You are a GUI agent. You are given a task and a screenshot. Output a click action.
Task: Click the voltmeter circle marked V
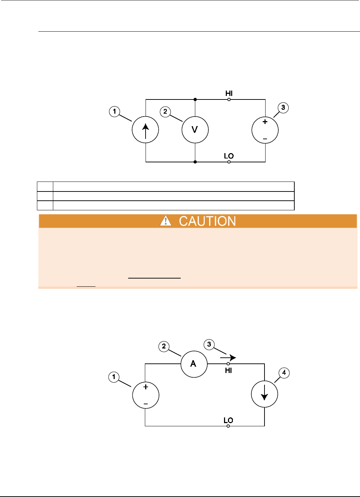point(195,130)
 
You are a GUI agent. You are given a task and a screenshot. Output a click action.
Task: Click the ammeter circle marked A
point(194,364)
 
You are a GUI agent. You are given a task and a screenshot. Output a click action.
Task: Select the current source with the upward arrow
point(146,130)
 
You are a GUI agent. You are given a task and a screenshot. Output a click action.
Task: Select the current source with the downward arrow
point(264,394)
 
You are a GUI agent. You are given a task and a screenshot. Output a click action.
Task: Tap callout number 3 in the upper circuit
point(283,108)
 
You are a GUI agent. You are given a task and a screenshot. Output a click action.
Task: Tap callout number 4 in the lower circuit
point(284,373)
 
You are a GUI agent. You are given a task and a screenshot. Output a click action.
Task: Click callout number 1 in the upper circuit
point(114,112)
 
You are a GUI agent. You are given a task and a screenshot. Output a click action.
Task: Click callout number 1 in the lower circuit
point(114,377)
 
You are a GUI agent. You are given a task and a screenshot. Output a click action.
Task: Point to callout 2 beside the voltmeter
point(165,112)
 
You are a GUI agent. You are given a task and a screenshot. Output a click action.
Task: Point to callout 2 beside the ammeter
point(164,346)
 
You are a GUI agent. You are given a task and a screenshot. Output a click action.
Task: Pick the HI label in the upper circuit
point(229,93)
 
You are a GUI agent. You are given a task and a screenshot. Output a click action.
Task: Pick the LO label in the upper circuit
point(229,156)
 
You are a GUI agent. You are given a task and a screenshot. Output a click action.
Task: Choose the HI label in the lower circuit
point(228,371)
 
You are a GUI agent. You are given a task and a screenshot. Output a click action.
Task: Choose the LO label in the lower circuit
point(228,420)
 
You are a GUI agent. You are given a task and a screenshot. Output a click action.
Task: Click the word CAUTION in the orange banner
point(207,221)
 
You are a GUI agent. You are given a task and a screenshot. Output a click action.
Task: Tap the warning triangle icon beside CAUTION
point(165,221)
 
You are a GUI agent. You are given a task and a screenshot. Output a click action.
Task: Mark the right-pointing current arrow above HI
point(228,358)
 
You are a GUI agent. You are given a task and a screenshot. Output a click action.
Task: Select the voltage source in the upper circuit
point(265,130)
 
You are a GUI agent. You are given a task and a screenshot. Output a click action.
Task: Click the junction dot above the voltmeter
point(195,100)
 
